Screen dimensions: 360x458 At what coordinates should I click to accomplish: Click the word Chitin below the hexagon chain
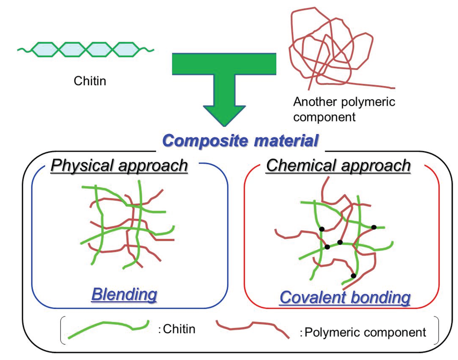tap(90, 81)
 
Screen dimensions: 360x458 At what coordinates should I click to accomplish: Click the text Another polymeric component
tap(344, 109)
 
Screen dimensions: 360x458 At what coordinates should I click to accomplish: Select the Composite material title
tap(241, 140)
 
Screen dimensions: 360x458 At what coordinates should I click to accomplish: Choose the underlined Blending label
tap(124, 294)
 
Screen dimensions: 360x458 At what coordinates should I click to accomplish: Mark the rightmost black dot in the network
tap(374, 227)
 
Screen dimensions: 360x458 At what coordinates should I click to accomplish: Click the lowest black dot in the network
tap(353, 275)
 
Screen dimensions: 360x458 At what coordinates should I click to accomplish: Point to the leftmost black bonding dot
tap(322, 229)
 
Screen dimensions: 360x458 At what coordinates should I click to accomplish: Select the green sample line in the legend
tap(107, 329)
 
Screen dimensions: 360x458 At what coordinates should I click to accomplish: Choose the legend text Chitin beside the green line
tap(179, 329)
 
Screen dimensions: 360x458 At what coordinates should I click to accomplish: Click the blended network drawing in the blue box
tap(130, 228)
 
